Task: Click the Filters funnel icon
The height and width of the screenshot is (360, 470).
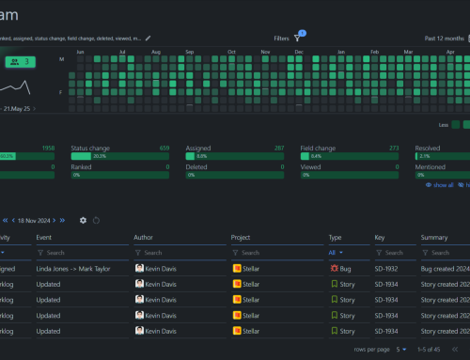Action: point(298,38)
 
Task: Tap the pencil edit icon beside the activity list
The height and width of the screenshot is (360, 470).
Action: point(148,38)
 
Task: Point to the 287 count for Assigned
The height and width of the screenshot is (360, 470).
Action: point(278,148)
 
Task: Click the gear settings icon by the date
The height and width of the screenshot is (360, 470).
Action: point(83,220)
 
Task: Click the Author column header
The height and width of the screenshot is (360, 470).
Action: point(144,238)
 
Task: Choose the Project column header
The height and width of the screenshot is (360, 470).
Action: point(243,238)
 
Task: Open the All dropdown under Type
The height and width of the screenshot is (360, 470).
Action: point(336,253)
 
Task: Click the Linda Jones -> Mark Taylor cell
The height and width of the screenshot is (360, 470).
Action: point(78,268)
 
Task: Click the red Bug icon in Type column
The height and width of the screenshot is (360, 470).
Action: point(334,268)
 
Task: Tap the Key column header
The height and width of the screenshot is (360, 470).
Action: point(380,238)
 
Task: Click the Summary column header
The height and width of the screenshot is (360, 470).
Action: point(434,238)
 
